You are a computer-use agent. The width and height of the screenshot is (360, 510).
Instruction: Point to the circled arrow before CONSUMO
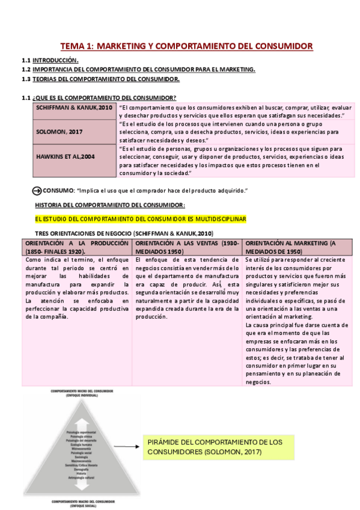click(x=37, y=191)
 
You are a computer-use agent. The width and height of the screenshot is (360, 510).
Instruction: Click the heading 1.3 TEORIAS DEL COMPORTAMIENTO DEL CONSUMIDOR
click(x=106, y=79)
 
